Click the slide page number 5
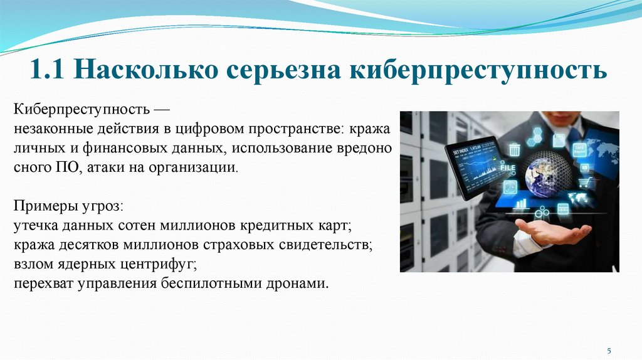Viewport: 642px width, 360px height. click(x=608, y=349)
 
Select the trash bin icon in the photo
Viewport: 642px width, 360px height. click(x=515, y=150)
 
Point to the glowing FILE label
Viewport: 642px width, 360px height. click(x=507, y=169)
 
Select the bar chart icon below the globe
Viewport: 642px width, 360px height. click(x=520, y=204)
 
